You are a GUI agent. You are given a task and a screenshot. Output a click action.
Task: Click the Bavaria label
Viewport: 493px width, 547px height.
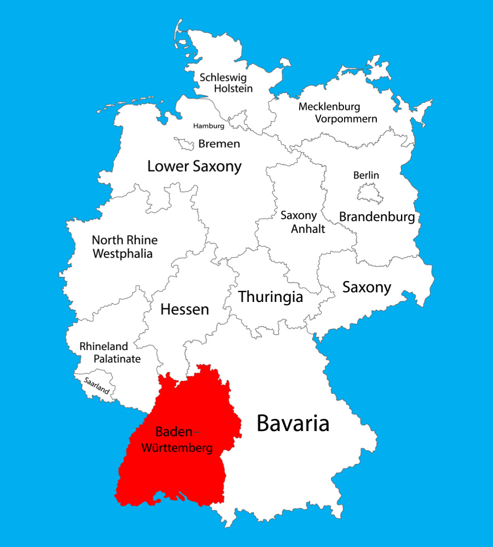click(x=293, y=423)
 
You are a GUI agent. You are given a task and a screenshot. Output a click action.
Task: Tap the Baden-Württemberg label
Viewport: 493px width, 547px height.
click(x=177, y=439)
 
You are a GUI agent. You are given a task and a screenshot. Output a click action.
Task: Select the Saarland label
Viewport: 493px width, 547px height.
click(x=96, y=384)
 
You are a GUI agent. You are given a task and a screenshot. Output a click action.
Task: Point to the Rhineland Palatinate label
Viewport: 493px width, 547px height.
click(x=110, y=353)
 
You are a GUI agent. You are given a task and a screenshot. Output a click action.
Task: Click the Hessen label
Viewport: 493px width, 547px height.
click(x=185, y=310)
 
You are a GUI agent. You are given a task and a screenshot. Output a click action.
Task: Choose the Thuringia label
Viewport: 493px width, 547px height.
click(x=271, y=297)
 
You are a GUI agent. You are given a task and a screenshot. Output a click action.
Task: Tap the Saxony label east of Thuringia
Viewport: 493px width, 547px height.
click(x=366, y=287)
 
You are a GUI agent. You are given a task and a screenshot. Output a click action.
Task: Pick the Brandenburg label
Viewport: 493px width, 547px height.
click(x=377, y=217)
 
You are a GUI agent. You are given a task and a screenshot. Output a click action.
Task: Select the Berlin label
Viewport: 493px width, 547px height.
click(x=366, y=176)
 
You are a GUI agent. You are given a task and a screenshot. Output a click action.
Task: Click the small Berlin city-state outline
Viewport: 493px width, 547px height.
click(x=368, y=194)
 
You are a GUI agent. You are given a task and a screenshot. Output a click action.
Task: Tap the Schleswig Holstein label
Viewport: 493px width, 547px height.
click(x=226, y=83)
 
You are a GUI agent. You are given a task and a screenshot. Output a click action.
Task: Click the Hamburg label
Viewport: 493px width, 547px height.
click(x=209, y=126)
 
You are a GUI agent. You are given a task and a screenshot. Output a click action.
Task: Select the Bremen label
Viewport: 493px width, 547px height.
click(x=219, y=144)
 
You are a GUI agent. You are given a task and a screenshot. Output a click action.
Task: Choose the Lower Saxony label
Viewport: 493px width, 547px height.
click(x=194, y=166)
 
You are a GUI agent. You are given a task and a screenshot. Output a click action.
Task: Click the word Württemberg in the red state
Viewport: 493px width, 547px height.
click(x=177, y=448)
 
